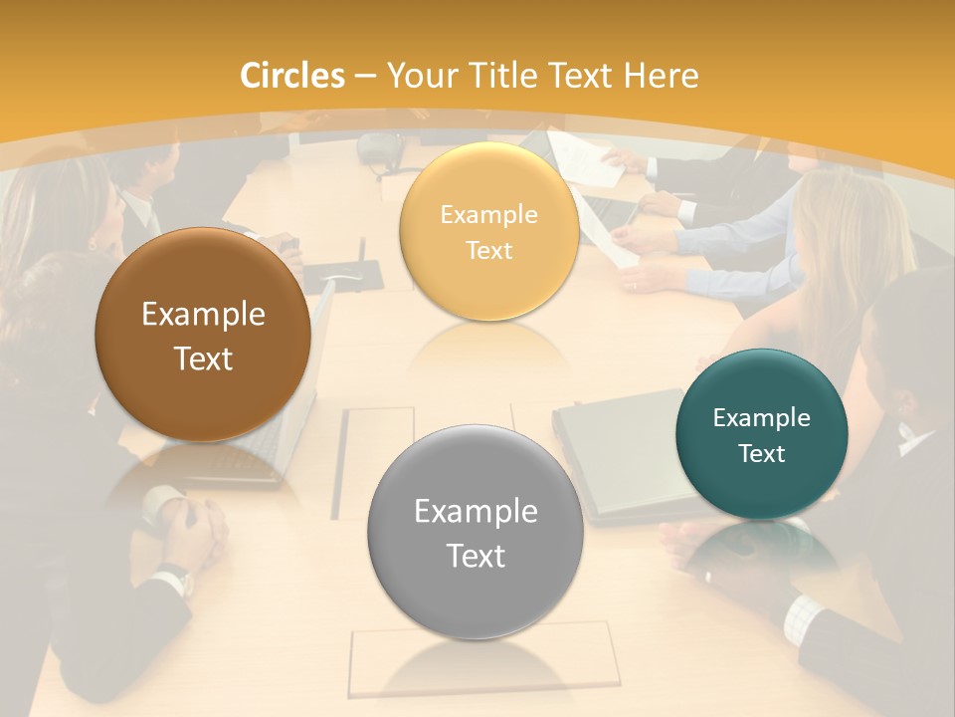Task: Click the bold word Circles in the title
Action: (292, 76)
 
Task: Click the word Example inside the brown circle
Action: (203, 315)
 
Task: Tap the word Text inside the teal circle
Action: (762, 453)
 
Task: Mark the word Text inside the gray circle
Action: (476, 556)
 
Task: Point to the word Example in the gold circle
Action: (488, 214)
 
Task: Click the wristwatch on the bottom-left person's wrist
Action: (177, 578)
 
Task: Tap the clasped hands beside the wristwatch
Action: (194, 528)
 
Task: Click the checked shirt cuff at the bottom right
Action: (802, 617)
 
